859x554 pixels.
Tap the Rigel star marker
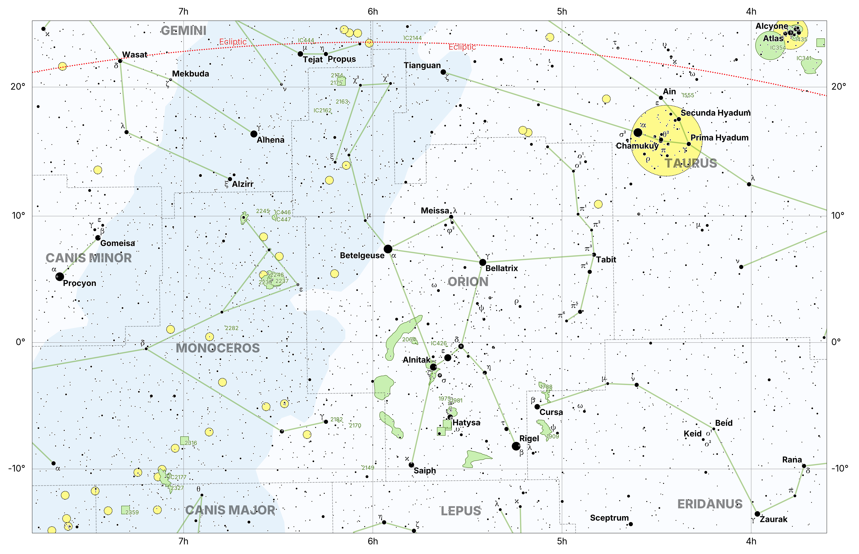click(x=516, y=446)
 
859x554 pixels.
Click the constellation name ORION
click(x=468, y=282)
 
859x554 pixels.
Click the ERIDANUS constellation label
click(x=710, y=504)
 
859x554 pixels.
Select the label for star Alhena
click(x=270, y=140)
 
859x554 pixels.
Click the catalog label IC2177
click(x=178, y=477)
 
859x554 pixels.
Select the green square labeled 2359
click(x=125, y=510)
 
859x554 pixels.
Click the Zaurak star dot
click(x=757, y=514)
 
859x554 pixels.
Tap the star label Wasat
click(x=135, y=55)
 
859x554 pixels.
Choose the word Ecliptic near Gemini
click(x=233, y=42)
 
